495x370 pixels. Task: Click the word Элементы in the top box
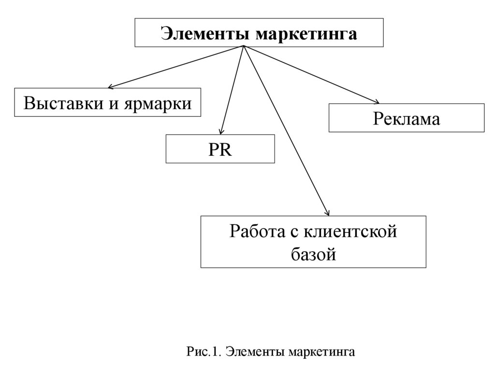[x=205, y=34]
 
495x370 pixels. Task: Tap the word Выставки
[x=62, y=103]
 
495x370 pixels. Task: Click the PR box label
[x=220, y=150]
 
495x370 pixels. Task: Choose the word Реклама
[x=406, y=119]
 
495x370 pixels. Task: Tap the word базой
[x=313, y=254]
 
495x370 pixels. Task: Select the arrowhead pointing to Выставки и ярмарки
[x=110, y=87]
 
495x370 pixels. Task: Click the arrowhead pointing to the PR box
[x=221, y=132]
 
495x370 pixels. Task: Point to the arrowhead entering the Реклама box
[x=377, y=101]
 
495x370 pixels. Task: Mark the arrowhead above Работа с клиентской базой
[x=328, y=213]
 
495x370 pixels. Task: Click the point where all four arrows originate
[x=244, y=46]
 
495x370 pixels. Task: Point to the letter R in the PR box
[x=226, y=150]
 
